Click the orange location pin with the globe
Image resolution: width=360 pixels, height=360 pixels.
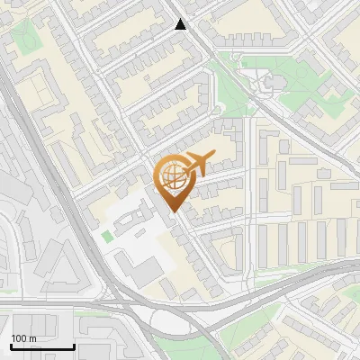[x=173, y=180]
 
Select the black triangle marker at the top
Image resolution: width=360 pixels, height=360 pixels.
[x=181, y=24]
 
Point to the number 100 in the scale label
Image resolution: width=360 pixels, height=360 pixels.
[x=19, y=338]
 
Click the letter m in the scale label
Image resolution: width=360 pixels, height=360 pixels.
[x=32, y=338]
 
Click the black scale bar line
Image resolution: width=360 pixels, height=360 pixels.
[x=41, y=347]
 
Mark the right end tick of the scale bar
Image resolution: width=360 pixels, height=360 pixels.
[x=73, y=346]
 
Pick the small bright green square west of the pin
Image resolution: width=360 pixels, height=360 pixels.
[x=108, y=237]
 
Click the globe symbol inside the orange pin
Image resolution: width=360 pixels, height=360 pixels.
[x=173, y=175]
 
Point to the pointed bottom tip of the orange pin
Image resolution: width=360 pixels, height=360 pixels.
[x=173, y=211]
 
